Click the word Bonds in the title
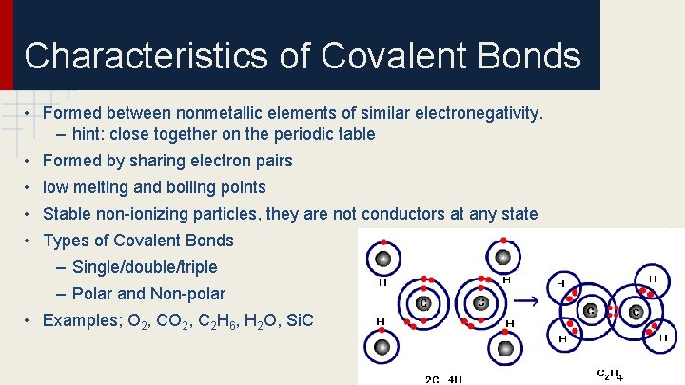(x=528, y=56)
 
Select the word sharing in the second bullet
(x=149, y=161)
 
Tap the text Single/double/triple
(x=144, y=267)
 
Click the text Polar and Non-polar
(x=148, y=294)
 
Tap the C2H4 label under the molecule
(x=609, y=373)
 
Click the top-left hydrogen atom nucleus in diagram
(x=382, y=259)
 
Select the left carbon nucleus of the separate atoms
(x=423, y=303)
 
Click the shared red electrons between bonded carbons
(x=613, y=311)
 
